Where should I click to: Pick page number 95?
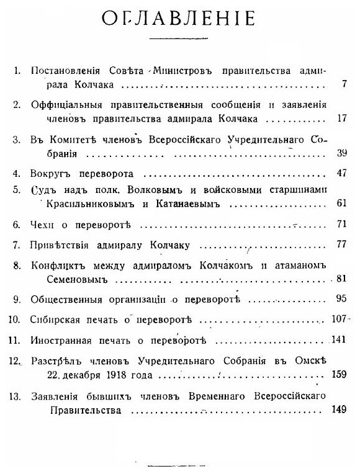[x=340, y=298]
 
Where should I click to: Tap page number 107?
[x=338, y=320]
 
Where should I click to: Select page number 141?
[x=338, y=341]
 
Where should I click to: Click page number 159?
[x=338, y=374]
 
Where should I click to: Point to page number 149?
[x=338, y=410]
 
